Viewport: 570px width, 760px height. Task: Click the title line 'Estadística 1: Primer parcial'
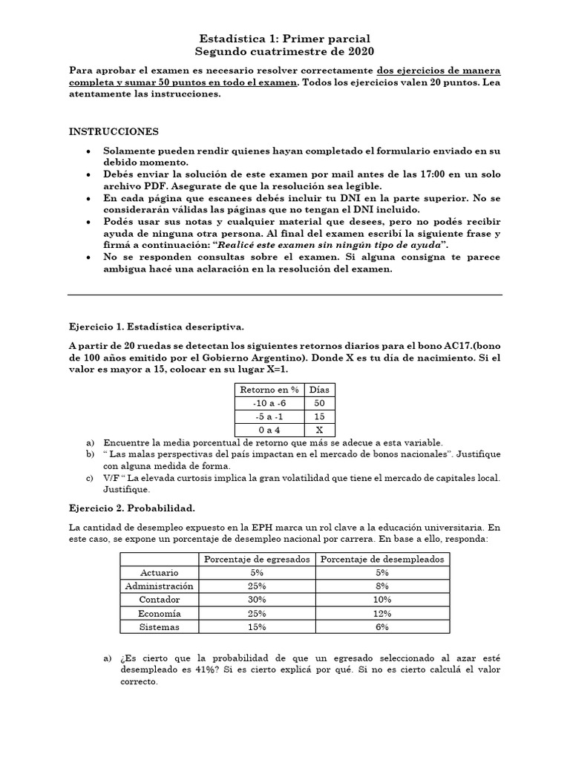pyautogui.click(x=285, y=38)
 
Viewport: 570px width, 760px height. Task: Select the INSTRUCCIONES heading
pyautogui.click(x=114, y=131)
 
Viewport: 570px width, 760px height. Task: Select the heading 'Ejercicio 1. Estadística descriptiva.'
pyautogui.click(x=156, y=327)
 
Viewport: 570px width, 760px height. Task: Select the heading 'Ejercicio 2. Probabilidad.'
pyautogui.click(x=132, y=508)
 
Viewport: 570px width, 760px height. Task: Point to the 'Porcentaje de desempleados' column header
pyautogui.click(x=383, y=559)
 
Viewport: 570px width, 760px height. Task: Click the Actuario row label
pyautogui.click(x=160, y=572)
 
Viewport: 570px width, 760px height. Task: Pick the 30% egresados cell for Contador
pyautogui.click(x=258, y=599)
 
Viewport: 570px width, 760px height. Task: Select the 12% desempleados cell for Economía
pyautogui.click(x=383, y=613)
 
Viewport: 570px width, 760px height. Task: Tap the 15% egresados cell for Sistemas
pyautogui.click(x=258, y=626)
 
